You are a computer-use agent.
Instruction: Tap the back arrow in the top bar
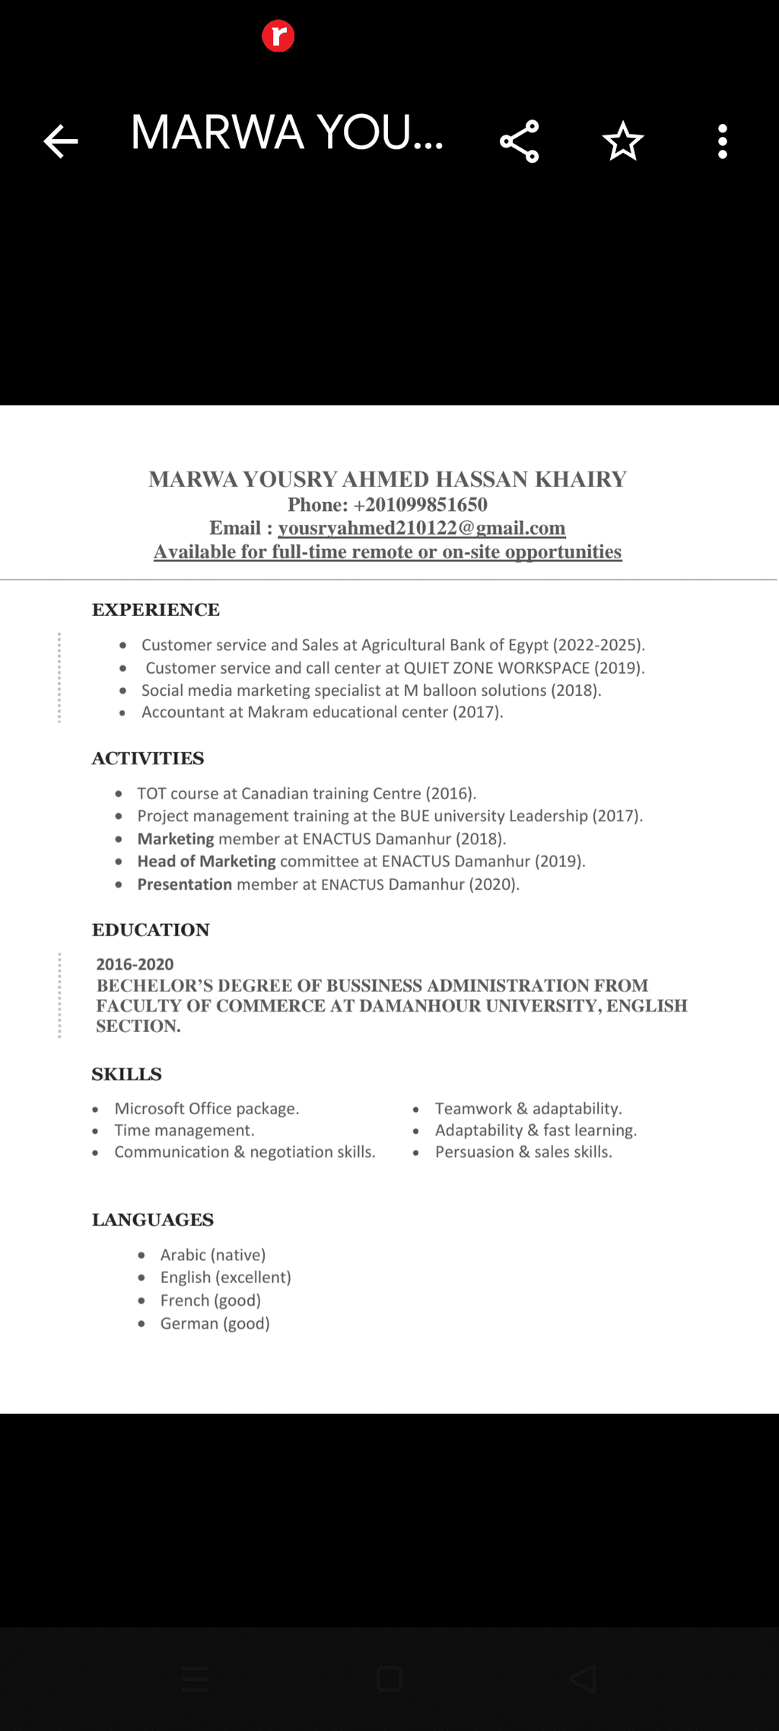[61, 141]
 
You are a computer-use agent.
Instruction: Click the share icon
[520, 141]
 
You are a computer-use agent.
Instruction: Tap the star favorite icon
[623, 141]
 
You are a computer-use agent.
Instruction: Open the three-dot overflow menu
[723, 141]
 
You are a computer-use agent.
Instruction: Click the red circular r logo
[278, 36]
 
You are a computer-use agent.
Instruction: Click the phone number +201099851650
[420, 505]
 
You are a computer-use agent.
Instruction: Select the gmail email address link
[421, 528]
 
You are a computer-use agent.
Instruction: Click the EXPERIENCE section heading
[156, 610]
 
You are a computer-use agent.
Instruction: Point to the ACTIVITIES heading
[148, 758]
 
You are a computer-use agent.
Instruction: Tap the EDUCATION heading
[151, 930]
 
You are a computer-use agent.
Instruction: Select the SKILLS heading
[127, 1074]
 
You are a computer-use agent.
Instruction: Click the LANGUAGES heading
[153, 1220]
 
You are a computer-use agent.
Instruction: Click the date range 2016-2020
[135, 964]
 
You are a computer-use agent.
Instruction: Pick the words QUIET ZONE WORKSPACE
[496, 668]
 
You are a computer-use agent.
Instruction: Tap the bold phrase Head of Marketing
[206, 862]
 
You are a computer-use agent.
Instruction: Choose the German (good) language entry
[215, 1323]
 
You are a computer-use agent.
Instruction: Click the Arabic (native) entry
[212, 1255]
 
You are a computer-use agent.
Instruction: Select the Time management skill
[184, 1130]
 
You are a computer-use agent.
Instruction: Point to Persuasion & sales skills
[523, 1152]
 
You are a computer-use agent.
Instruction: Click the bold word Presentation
[185, 885]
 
